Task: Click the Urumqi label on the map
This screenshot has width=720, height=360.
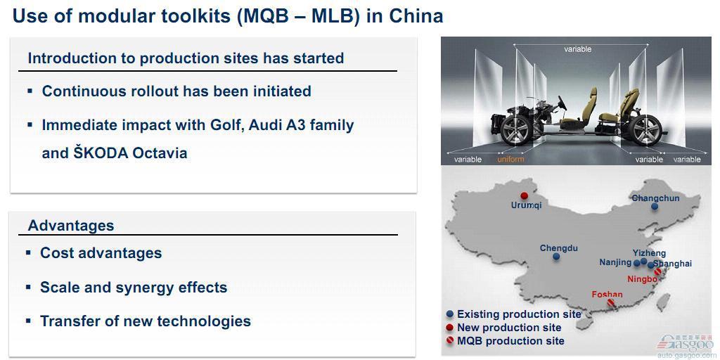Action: point(526,205)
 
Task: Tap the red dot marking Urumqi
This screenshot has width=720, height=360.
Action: point(525,195)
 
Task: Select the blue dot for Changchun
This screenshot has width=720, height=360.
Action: point(655,207)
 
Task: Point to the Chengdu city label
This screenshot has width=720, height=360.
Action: point(558,248)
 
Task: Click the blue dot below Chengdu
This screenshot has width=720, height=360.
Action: point(556,257)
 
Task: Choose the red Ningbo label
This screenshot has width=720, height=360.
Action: point(642,278)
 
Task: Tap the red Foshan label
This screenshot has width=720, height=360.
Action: point(607,295)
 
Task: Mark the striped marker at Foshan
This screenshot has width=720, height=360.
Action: point(611,302)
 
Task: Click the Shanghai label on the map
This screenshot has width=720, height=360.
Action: point(672,264)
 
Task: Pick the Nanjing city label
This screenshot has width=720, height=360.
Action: point(615,262)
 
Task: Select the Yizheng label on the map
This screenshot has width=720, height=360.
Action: point(649,253)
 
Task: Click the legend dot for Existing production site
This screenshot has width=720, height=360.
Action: point(450,314)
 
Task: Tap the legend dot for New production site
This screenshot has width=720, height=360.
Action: point(450,328)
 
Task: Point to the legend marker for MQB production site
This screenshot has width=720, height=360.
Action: point(450,341)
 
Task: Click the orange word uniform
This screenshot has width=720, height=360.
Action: point(510,160)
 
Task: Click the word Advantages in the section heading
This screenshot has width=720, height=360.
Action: point(71,226)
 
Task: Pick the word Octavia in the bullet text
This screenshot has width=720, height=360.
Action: point(160,153)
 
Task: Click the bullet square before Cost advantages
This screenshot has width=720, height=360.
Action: point(29,253)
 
